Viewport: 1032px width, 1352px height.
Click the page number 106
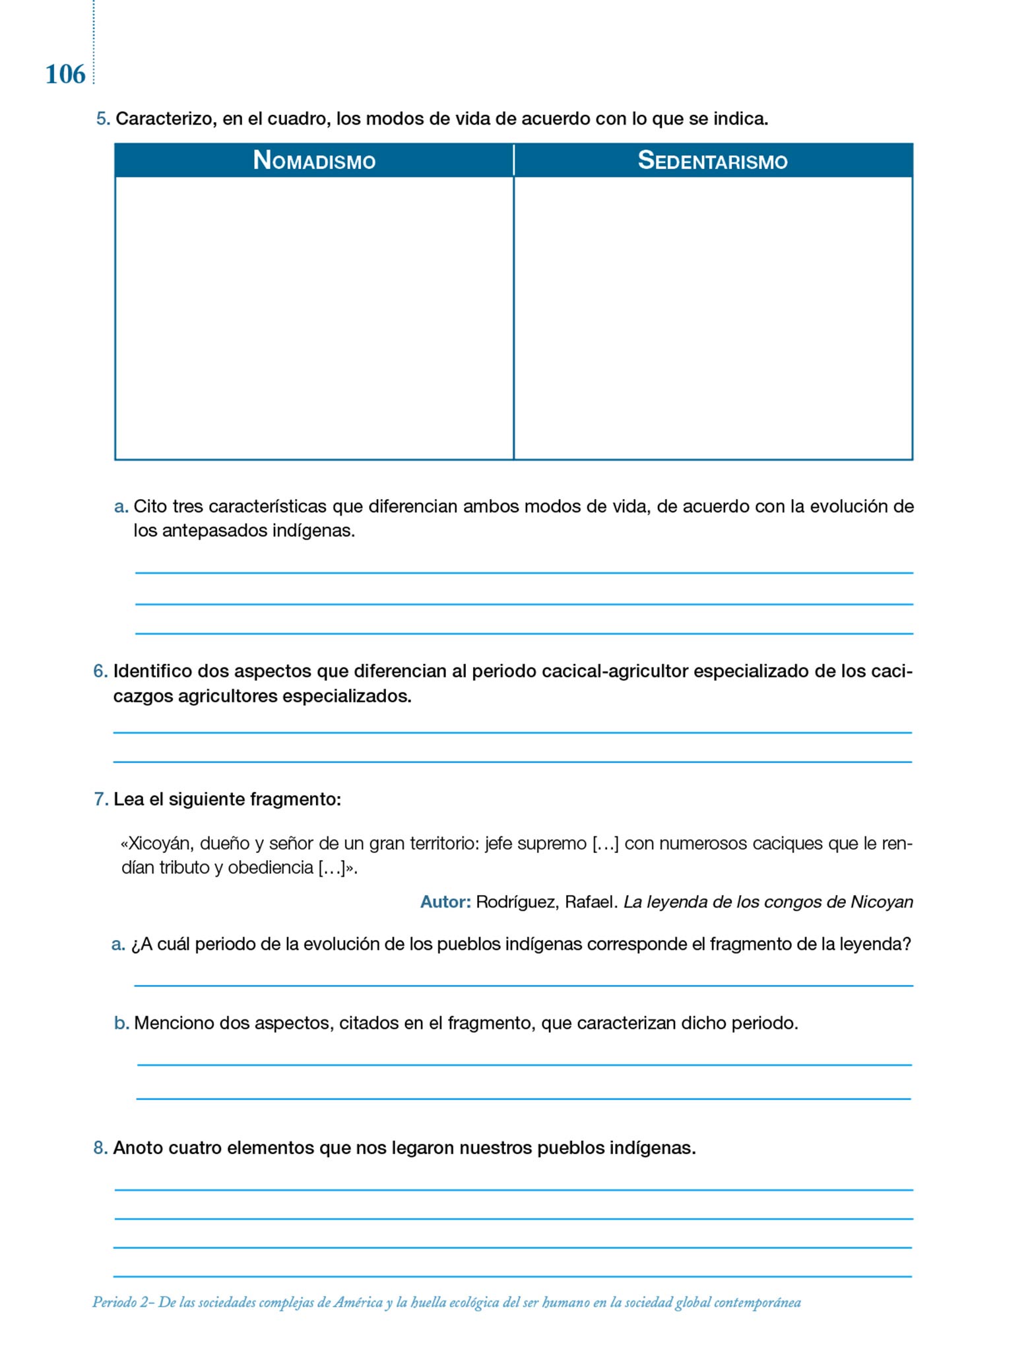[x=65, y=75]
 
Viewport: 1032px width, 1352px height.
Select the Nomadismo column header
[x=314, y=160]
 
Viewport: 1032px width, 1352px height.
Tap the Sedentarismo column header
[x=713, y=160]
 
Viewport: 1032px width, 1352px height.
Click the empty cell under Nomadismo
[x=314, y=318]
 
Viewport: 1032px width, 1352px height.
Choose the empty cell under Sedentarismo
[x=713, y=318]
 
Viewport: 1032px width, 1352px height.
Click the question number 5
[x=102, y=119]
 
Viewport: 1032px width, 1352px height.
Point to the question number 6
[x=100, y=671]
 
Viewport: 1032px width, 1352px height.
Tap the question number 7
[x=100, y=799]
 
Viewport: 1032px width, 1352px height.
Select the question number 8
[x=100, y=1148]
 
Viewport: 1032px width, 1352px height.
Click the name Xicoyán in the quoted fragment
[x=156, y=844]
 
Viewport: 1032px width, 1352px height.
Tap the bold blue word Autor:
[x=445, y=902]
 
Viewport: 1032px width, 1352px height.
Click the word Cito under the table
[x=148, y=507]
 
